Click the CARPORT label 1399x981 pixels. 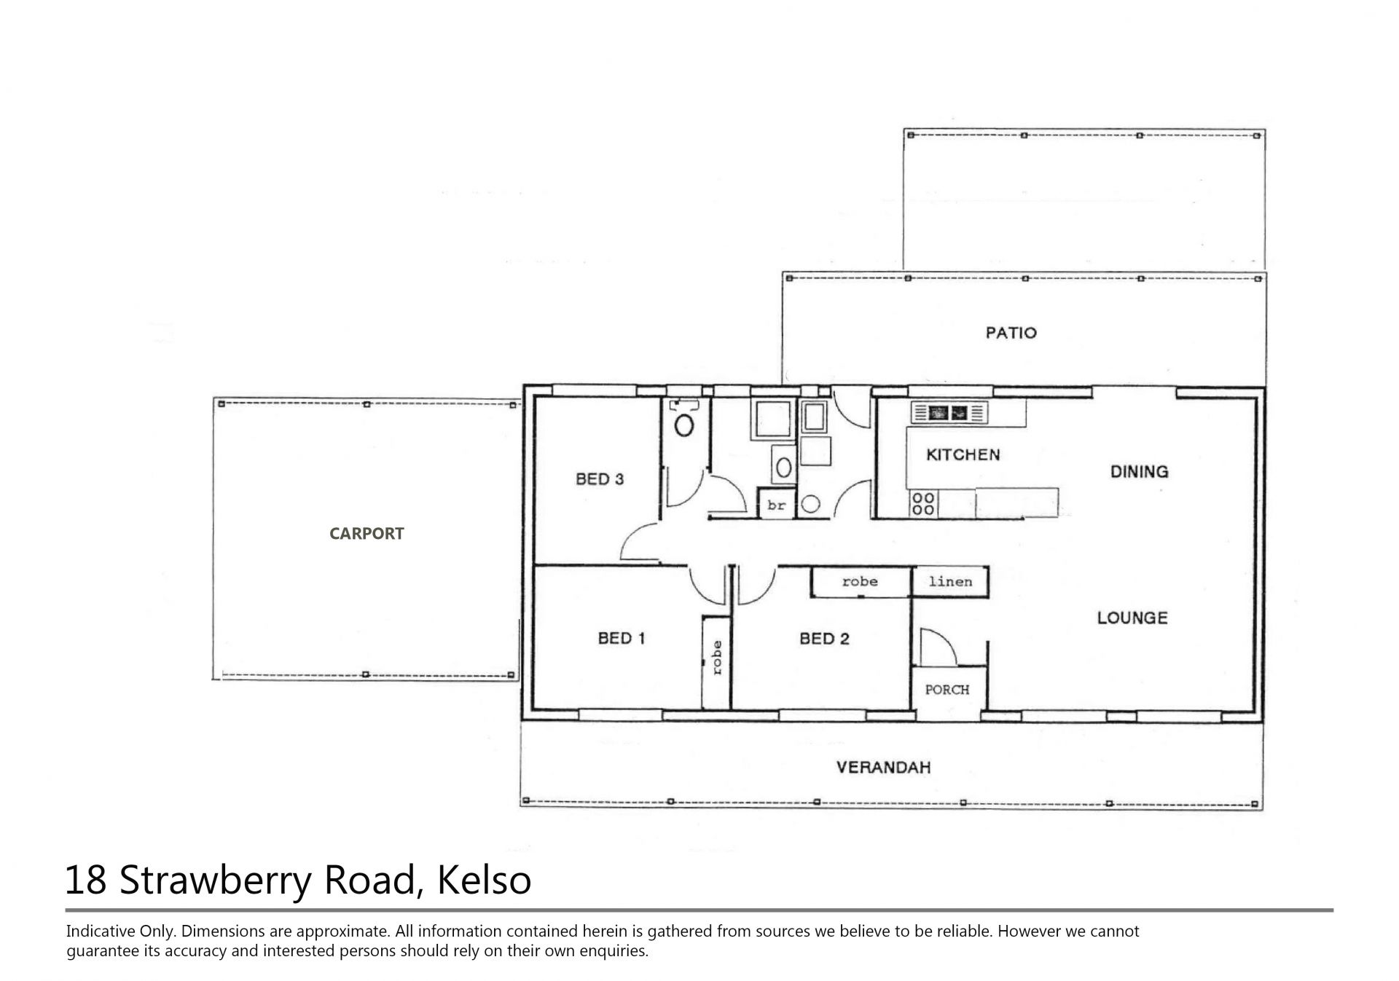[x=367, y=534]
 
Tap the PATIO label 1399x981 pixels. [x=1011, y=333]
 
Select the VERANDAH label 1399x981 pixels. [x=883, y=767]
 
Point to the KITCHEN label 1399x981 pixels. [x=963, y=454]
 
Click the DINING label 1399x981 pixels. [x=1139, y=471]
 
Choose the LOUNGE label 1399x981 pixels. [x=1132, y=618]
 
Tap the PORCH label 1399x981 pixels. [x=947, y=689]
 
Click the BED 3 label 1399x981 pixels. [x=600, y=479]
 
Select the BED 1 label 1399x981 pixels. [x=622, y=639]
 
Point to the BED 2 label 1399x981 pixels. [x=824, y=639]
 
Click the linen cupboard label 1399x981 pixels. [x=950, y=581]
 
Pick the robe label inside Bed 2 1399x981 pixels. [x=860, y=581]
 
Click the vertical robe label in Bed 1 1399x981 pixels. [x=717, y=658]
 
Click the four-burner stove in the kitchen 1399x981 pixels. [x=923, y=503]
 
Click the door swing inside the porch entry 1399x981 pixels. [x=938, y=647]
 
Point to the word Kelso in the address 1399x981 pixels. [x=484, y=880]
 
